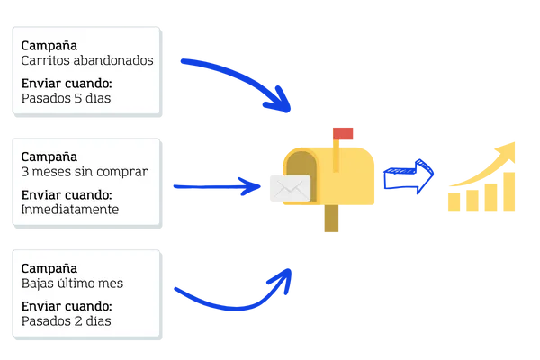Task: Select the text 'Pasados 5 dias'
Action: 66,99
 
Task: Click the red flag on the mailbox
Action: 344,133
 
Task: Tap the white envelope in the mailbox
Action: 289,189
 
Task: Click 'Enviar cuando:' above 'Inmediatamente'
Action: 65,195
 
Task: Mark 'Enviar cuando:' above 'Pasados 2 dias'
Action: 65,306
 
